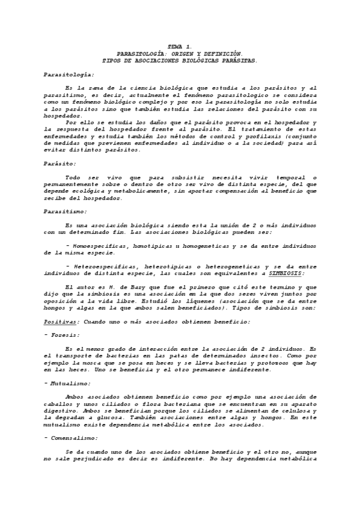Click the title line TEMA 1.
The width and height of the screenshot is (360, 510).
click(180, 47)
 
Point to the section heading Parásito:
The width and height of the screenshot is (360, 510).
click(60, 163)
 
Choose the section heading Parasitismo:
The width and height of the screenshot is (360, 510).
click(66, 211)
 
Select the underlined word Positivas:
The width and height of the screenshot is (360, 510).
click(62, 321)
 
